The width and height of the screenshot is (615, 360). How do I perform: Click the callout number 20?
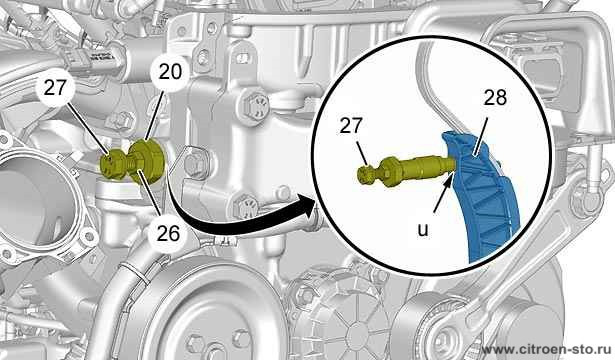(x=170, y=72)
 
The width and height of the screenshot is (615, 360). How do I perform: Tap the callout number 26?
(x=168, y=233)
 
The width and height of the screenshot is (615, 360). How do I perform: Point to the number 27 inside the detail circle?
(x=350, y=126)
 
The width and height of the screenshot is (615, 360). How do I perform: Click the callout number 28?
(x=495, y=98)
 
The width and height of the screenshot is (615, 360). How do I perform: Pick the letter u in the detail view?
(x=423, y=230)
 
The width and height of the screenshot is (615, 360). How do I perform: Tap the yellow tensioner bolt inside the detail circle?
(x=406, y=169)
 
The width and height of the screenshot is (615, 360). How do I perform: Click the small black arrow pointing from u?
(x=443, y=193)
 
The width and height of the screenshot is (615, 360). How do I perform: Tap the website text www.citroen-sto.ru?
(x=547, y=349)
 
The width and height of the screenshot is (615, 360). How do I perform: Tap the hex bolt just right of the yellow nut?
(x=195, y=162)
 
